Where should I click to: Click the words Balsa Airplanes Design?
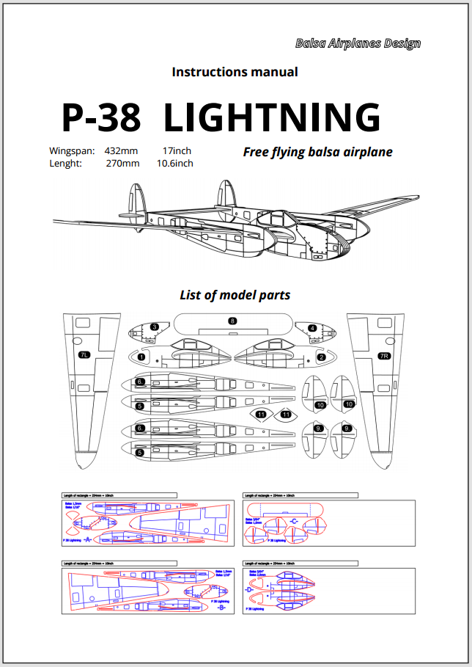click(358, 43)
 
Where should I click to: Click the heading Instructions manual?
click(235, 72)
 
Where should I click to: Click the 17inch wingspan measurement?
click(177, 151)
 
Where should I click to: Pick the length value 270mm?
click(122, 164)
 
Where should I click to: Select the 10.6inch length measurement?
click(175, 164)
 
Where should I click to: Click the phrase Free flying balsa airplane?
click(317, 152)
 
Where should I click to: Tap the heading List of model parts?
click(235, 295)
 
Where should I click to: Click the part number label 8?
click(232, 321)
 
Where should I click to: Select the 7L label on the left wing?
click(84, 355)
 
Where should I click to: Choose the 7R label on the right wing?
click(383, 356)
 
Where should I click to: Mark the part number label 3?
click(154, 327)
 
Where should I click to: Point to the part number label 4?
click(312, 328)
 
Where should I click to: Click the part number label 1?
click(141, 357)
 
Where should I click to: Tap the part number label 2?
click(321, 357)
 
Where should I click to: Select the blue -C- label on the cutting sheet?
click(294, 522)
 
